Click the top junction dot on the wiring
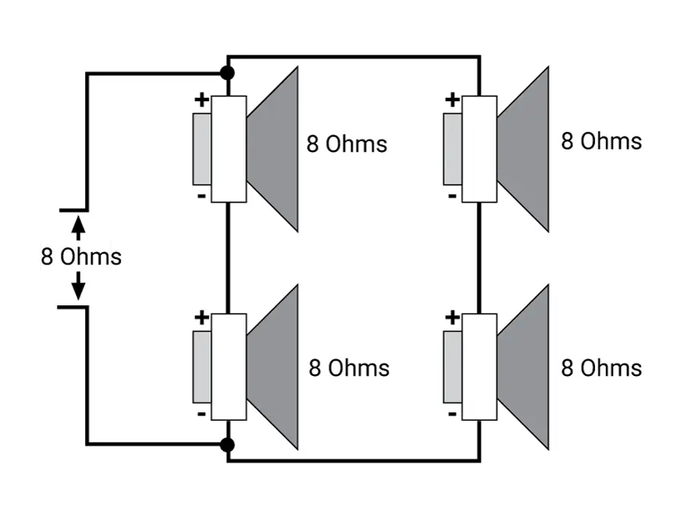[x=226, y=73]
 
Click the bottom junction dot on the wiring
[x=226, y=445]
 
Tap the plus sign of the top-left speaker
[x=201, y=99]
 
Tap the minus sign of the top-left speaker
[x=201, y=197]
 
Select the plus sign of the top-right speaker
[x=452, y=99]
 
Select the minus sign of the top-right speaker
[x=452, y=197]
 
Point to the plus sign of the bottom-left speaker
[x=201, y=317]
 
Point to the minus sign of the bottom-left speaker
[x=201, y=414]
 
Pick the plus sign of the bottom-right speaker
[x=452, y=317]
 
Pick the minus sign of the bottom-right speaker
[x=452, y=414]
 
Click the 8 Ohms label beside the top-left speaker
[x=347, y=144]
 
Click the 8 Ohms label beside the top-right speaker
[x=601, y=141]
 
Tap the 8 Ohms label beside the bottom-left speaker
[x=349, y=368]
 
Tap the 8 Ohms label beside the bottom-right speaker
[x=601, y=368]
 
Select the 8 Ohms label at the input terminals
[x=81, y=256]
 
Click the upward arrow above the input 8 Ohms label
[x=78, y=228]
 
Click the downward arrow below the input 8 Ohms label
[x=78, y=286]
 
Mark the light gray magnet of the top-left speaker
[x=202, y=149]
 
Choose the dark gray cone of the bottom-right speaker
[x=523, y=367]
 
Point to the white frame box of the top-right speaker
[x=480, y=149]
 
